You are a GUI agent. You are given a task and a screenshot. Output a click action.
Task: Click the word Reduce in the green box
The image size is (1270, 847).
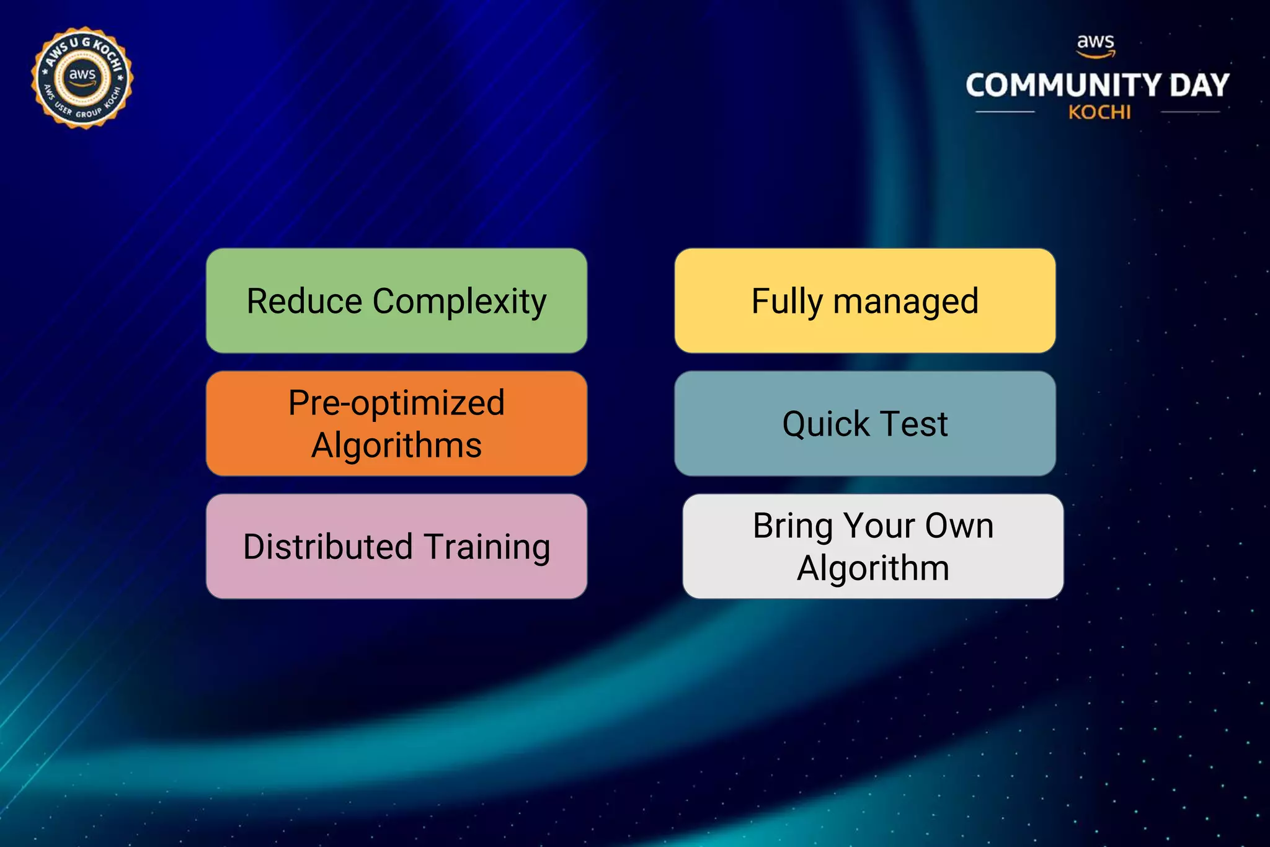pyautogui.click(x=304, y=302)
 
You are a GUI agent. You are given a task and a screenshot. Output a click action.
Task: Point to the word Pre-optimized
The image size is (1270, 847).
pyautogui.click(x=396, y=403)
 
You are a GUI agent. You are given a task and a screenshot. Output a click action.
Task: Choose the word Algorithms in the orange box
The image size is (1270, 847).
pyautogui.click(x=396, y=446)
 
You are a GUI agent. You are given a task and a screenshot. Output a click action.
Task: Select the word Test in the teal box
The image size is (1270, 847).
pyautogui.click(x=914, y=424)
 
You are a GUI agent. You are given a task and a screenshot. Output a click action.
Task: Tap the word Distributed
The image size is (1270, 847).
pyautogui.click(x=328, y=547)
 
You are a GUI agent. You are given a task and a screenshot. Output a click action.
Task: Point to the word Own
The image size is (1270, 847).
pyautogui.click(x=959, y=526)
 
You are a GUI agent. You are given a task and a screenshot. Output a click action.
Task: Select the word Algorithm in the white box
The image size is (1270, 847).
pyautogui.click(x=873, y=568)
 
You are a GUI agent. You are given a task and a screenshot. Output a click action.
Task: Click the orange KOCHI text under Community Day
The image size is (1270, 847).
pyautogui.click(x=1099, y=113)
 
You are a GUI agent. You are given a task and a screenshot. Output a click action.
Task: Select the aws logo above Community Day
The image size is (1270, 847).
pyautogui.click(x=1096, y=45)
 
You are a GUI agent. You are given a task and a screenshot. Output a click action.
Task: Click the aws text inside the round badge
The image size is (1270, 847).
pyautogui.click(x=82, y=75)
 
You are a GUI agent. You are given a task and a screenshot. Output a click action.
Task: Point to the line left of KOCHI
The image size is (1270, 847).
pyautogui.click(x=1005, y=112)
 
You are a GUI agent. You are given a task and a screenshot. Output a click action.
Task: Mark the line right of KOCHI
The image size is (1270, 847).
pyautogui.click(x=1190, y=112)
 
